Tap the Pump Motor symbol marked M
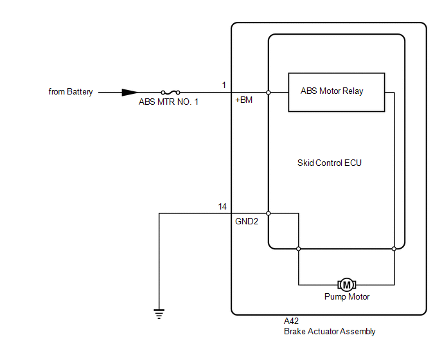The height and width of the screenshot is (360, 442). (346, 284)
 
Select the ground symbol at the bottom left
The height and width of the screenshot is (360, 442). (159, 314)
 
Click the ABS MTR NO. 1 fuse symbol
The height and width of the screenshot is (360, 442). (170, 92)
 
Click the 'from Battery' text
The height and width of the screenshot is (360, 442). (71, 92)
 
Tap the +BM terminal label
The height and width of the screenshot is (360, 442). (244, 100)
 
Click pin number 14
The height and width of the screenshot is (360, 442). (222, 206)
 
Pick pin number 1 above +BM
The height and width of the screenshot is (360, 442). (224, 85)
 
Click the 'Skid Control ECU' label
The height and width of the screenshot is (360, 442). (330, 163)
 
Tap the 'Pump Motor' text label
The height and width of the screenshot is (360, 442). (347, 297)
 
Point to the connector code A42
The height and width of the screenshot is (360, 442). (291, 321)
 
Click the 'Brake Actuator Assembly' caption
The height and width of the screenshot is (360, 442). (330, 332)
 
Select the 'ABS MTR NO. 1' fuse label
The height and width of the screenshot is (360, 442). (168, 102)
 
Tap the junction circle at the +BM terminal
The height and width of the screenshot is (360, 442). (269, 92)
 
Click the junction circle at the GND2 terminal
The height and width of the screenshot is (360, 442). (269, 213)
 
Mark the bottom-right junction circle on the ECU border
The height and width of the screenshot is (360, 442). (394, 248)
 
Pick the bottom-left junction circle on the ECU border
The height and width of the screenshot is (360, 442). (299, 248)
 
